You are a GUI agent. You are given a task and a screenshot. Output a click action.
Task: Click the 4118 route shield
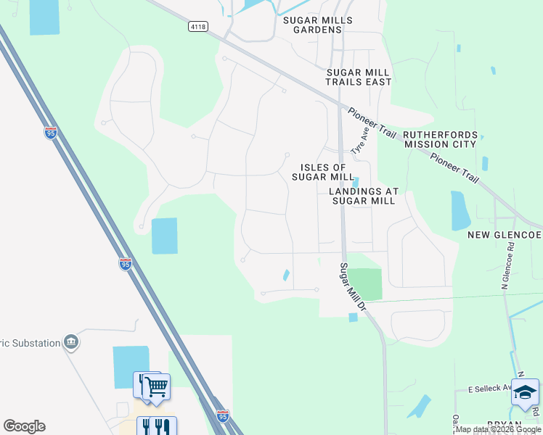[196, 26]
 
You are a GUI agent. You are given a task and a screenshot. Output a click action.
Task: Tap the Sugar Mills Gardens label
[318, 25]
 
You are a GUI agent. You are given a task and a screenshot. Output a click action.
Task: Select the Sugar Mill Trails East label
[358, 78]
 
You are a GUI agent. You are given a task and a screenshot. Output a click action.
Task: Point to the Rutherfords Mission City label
[440, 139]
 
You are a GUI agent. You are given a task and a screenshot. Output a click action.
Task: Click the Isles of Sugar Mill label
[323, 172]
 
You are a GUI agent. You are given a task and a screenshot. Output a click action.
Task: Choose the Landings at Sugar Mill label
[364, 196]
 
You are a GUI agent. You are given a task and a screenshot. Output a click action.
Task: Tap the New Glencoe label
[504, 236]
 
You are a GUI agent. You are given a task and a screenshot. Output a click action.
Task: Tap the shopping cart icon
[156, 386]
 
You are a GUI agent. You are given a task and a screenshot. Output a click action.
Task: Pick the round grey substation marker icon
[71, 342]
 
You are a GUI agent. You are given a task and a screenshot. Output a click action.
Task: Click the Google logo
[24, 426]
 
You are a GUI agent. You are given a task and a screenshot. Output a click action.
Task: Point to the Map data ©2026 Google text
[498, 430]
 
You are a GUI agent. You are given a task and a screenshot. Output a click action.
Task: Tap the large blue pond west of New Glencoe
[461, 210]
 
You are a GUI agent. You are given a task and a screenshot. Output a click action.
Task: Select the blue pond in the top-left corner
[44, 16]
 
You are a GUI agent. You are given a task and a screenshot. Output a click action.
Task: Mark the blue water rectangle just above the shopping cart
[131, 367]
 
